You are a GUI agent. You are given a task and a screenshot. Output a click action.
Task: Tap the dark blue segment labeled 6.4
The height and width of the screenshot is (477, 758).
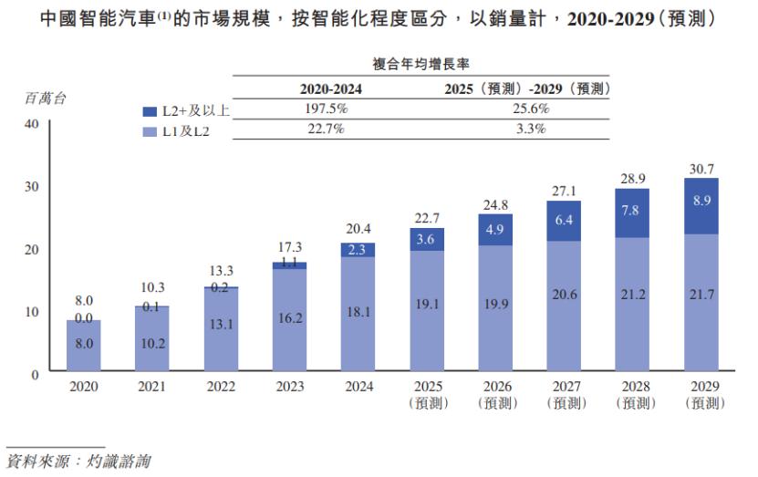564,221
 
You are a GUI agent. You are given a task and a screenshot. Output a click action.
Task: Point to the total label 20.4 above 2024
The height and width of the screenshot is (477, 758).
358,229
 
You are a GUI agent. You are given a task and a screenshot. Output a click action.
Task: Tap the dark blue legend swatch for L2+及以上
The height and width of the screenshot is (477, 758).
150,111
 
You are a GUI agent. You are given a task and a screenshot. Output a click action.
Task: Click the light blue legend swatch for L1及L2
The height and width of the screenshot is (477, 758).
150,131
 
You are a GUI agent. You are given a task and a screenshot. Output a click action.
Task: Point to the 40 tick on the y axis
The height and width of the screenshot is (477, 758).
31,123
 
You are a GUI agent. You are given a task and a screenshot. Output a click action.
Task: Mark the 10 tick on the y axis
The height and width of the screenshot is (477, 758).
31,312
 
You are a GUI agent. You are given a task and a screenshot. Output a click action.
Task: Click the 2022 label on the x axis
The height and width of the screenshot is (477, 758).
221,387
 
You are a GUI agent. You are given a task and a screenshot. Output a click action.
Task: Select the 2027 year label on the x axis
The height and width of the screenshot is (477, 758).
564,387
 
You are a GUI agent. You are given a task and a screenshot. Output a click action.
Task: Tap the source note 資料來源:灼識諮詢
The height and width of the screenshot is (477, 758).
78,461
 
